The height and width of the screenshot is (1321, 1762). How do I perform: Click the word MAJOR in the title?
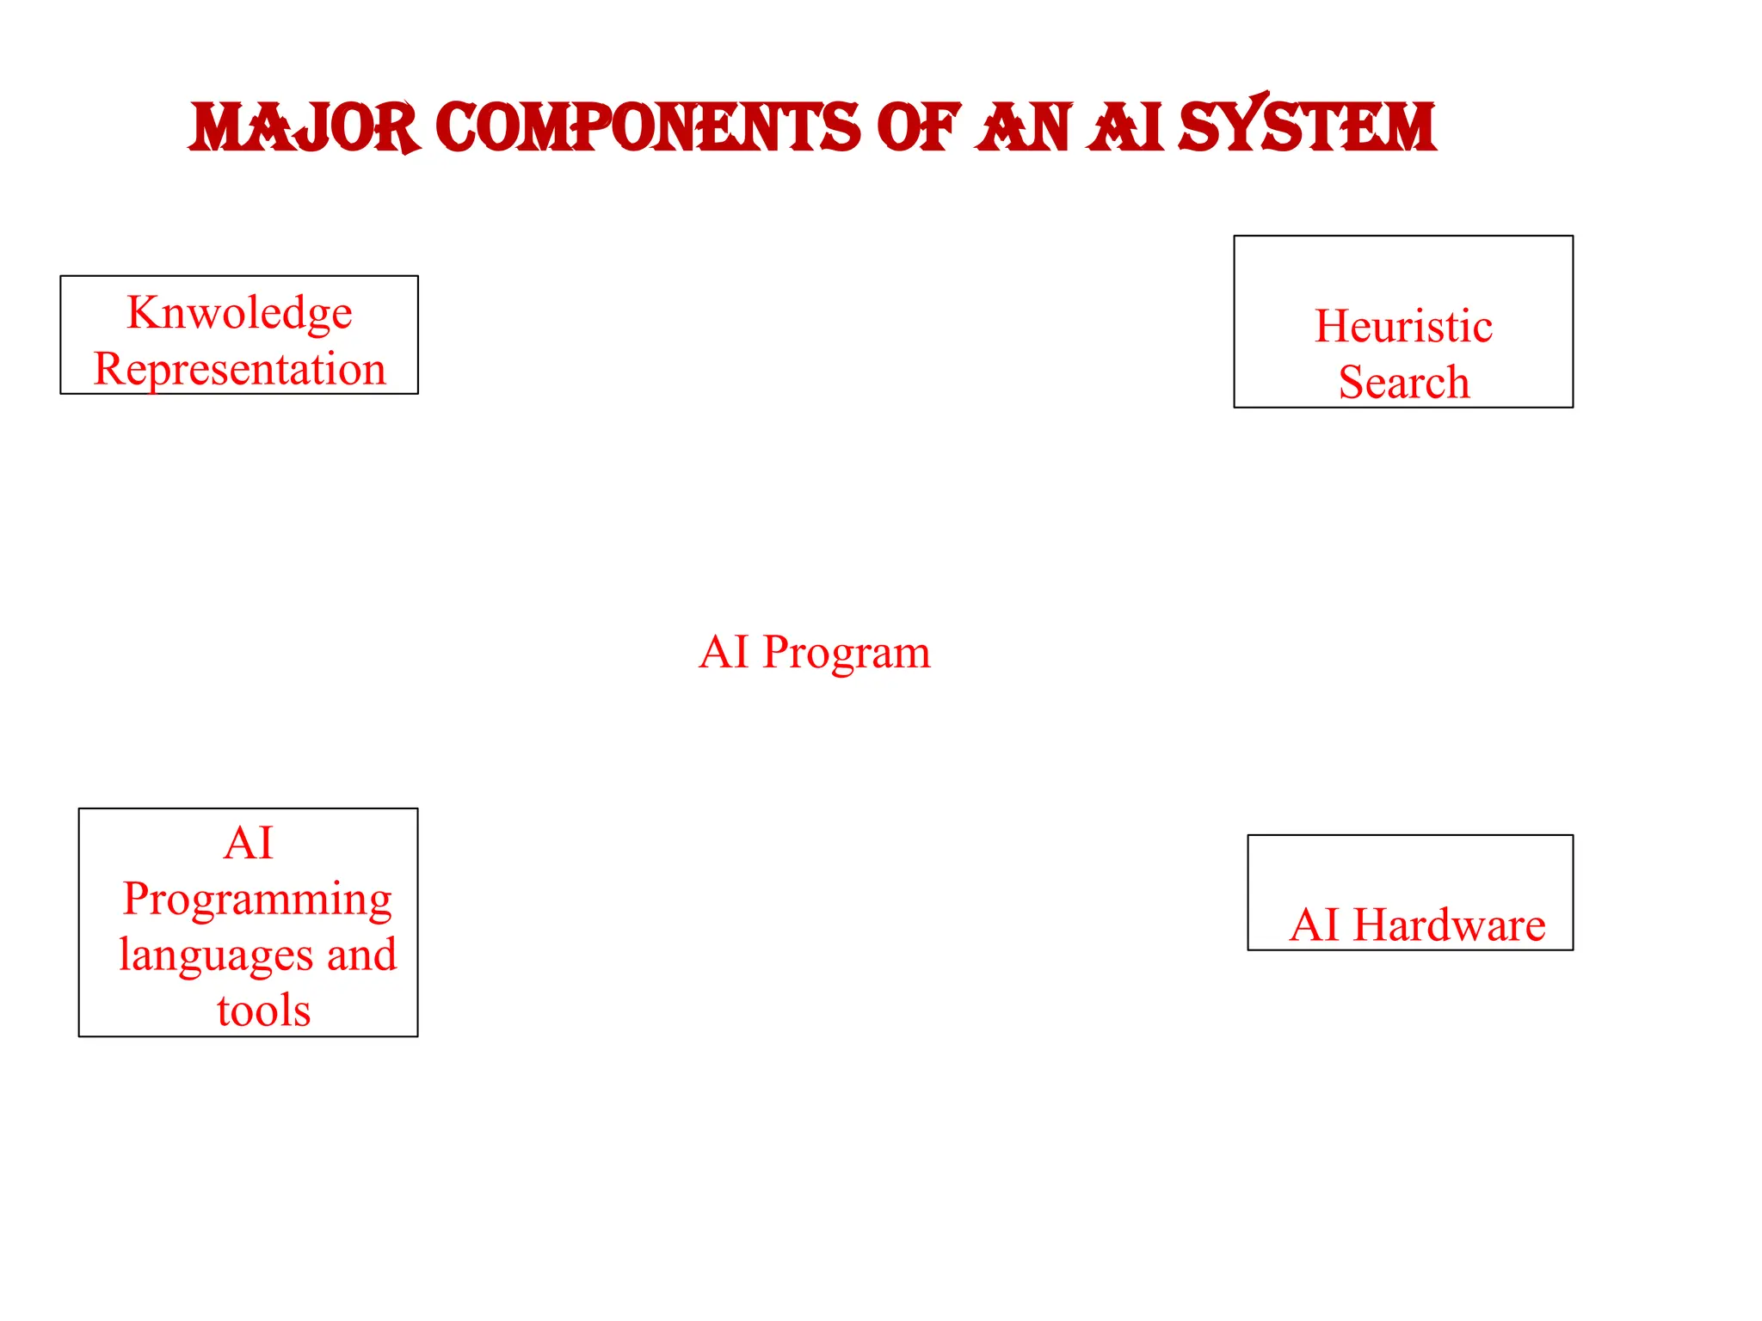pyautogui.click(x=304, y=127)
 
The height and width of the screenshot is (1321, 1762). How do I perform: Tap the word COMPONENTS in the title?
pyautogui.click(x=647, y=127)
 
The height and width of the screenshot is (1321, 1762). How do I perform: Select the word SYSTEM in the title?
pyautogui.click(x=1307, y=126)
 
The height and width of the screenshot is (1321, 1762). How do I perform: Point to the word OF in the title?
pyautogui.click(x=917, y=127)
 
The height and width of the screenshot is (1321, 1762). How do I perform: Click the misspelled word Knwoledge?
pyautogui.click(x=239, y=312)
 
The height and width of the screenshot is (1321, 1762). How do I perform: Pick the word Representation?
pyautogui.click(x=239, y=369)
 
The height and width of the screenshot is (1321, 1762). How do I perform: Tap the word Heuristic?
pyautogui.click(x=1403, y=327)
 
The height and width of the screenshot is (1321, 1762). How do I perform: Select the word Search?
pyautogui.click(x=1403, y=382)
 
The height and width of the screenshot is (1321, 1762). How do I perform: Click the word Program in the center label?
pyautogui.click(x=847, y=653)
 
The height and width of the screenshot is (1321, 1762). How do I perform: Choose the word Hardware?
pyautogui.click(x=1449, y=925)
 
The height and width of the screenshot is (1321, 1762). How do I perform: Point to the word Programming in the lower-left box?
pyautogui.click(x=256, y=900)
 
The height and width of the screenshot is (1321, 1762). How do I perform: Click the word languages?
pyautogui.click(x=215, y=955)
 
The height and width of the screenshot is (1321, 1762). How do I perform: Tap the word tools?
pyautogui.click(x=263, y=1011)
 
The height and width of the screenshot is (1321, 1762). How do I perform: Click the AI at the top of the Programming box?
pyautogui.click(x=248, y=843)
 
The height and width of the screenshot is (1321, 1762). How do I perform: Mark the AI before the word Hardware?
pyautogui.click(x=1315, y=925)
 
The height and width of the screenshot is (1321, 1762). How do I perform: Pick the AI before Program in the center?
pyautogui.click(x=724, y=652)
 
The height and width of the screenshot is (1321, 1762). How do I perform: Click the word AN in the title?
pyautogui.click(x=1024, y=127)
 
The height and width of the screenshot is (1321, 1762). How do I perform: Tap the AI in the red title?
pyautogui.click(x=1125, y=127)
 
